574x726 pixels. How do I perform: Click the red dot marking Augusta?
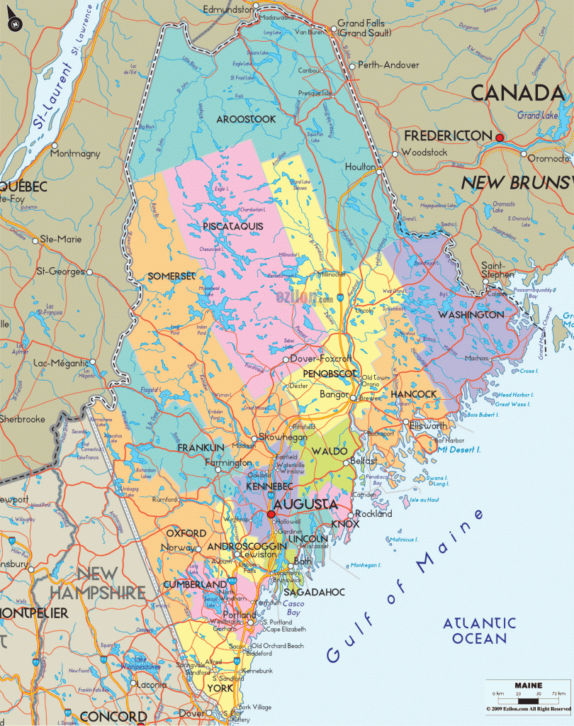[x=271, y=515]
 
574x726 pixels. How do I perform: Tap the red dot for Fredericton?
[x=500, y=137]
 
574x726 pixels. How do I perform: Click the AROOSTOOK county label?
[x=246, y=119]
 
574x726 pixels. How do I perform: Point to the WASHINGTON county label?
[x=471, y=314]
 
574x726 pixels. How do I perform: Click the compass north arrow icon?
[x=14, y=24]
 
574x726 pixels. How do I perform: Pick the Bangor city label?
[x=334, y=394]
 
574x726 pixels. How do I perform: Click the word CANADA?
[x=517, y=93]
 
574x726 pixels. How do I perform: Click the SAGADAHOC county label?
[x=314, y=592]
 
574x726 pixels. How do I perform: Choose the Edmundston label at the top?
[x=227, y=9]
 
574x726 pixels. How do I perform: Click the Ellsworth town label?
[x=429, y=426]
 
